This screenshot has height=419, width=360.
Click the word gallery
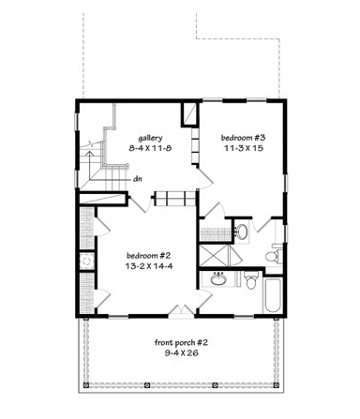click(150, 138)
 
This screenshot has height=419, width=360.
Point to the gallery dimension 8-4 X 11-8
click(150, 148)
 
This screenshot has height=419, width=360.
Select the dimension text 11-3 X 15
click(243, 148)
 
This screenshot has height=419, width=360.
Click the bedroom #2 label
click(148, 256)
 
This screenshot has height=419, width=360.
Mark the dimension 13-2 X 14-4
click(149, 266)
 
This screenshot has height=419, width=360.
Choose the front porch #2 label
click(181, 343)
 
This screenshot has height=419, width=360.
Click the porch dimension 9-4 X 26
click(182, 353)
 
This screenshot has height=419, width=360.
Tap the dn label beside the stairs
click(138, 179)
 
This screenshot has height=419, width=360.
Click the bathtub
click(273, 295)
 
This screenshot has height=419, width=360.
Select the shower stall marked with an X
click(215, 255)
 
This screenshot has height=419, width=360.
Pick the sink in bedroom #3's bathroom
click(241, 232)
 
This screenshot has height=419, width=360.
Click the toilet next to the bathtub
click(251, 280)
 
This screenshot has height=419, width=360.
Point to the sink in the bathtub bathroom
click(218, 279)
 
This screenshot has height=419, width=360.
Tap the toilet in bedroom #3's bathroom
click(274, 254)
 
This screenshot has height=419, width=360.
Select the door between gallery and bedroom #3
click(204, 178)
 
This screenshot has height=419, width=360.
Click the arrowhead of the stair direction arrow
click(90, 154)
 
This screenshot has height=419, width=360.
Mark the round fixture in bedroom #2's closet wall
click(86, 261)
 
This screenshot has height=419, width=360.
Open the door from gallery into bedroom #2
click(140, 203)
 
